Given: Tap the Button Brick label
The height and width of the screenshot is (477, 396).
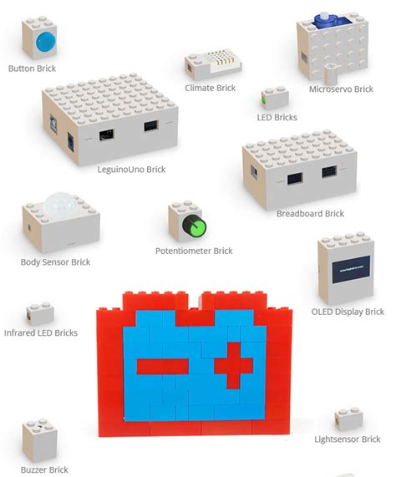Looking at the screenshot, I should (x=32, y=69).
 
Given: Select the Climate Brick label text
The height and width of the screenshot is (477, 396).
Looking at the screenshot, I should (x=210, y=88).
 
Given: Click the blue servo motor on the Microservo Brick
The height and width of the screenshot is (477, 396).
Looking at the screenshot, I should (x=323, y=19).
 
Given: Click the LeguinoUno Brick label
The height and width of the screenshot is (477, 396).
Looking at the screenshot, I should (x=131, y=170).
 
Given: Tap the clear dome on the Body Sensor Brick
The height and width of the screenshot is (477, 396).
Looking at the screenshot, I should (x=58, y=206).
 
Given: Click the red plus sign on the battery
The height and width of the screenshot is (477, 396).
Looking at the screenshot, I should (x=231, y=366).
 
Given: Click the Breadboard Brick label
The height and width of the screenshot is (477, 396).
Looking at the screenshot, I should (x=310, y=214).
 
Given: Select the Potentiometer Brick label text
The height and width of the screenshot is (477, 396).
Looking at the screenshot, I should (x=193, y=251).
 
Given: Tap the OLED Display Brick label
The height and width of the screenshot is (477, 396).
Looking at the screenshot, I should (x=348, y=312).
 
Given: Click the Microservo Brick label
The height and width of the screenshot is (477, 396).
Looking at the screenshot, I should (x=340, y=89).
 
